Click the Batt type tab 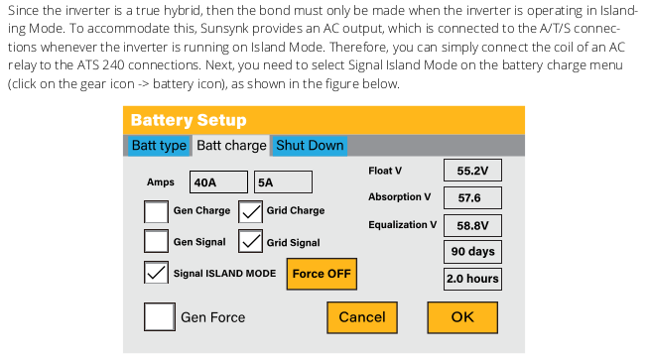(159, 146)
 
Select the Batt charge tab (231, 146)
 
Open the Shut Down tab (310, 146)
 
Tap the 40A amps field (218, 182)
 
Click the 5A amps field (283, 182)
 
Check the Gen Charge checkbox (156, 211)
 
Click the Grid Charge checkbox (250, 211)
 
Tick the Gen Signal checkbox (156, 241)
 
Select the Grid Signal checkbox (250, 241)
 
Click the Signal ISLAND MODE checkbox (156, 273)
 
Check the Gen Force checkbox (160, 317)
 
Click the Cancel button (362, 317)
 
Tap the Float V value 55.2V (472, 170)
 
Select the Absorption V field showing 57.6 (472, 197)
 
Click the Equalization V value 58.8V (472, 225)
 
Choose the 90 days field (472, 252)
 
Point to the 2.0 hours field (472, 279)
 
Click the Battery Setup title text (189, 120)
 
